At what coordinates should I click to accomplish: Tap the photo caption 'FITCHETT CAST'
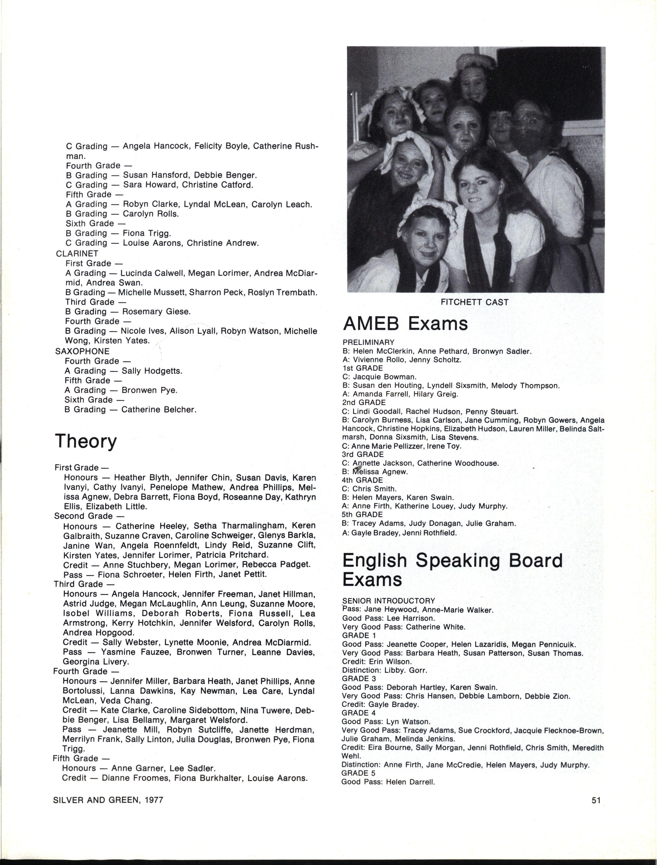point(474,302)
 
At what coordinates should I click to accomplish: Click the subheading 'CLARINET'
point(77,254)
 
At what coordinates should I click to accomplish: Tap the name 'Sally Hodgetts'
point(152,371)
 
